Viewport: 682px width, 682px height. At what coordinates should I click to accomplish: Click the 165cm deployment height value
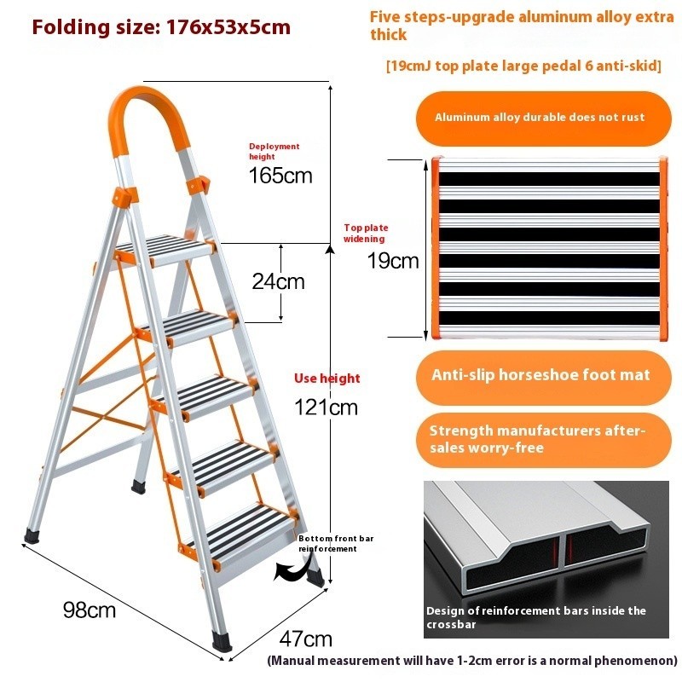(280, 176)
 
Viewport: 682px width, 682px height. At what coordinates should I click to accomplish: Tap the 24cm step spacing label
(279, 281)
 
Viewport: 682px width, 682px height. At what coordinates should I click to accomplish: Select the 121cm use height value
(326, 407)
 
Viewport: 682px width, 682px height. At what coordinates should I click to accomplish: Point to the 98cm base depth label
(90, 610)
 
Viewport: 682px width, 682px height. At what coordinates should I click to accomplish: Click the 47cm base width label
(306, 639)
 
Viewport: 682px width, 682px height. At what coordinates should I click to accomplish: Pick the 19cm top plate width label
(393, 261)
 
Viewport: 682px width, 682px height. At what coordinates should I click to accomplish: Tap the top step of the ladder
(165, 250)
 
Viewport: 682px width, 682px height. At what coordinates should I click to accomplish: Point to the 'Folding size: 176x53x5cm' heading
(161, 27)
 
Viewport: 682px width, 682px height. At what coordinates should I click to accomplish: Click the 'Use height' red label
(327, 378)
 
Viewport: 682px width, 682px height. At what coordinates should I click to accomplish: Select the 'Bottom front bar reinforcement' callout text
(336, 544)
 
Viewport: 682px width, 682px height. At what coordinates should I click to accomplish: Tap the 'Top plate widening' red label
(366, 233)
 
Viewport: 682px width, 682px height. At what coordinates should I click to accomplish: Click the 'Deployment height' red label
(274, 152)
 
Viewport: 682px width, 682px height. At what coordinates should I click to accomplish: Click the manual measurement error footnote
(472, 661)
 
